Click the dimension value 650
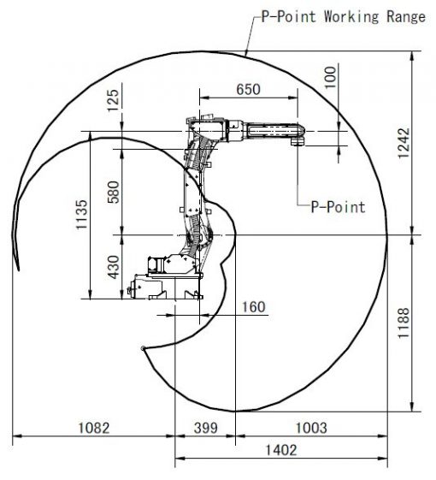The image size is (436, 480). tap(249, 89)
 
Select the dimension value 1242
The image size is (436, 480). tap(404, 143)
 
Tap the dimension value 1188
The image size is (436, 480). tap(404, 323)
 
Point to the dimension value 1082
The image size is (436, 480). tap(94, 428)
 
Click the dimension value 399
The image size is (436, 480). tap(206, 428)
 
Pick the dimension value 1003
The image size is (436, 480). tap(311, 428)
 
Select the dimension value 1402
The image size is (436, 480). tap(281, 450)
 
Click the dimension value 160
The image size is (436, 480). tap(254, 307)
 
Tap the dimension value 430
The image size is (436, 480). tap(114, 267)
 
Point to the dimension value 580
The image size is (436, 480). tap(114, 193)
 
